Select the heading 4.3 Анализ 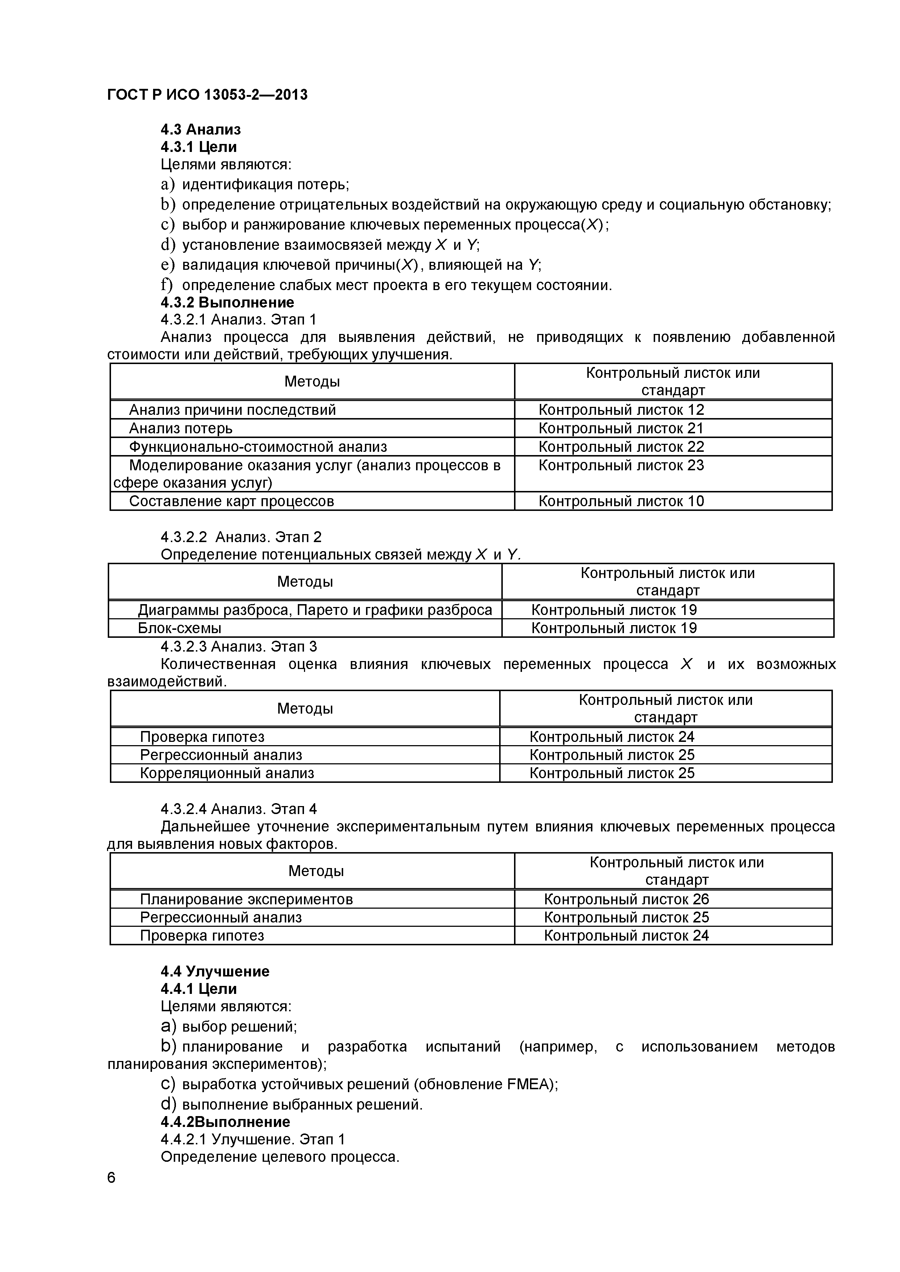pyautogui.click(x=201, y=130)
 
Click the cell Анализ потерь pyautogui.click(x=181, y=428)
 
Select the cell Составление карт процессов pyautogui.click(x=232, y=501)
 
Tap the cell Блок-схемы pyautogui.click(x=180, y=628)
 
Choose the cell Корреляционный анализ pyautogui.click(x=227, y=773)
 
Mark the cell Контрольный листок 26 pyautogui.click(x=626, y=899)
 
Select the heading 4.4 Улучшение pyautogui.click(x=215, y=971)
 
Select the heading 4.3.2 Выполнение pyautogui.click(x=227, y=302)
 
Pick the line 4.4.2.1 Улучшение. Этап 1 pyautogui.click(x=253, y=1139)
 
